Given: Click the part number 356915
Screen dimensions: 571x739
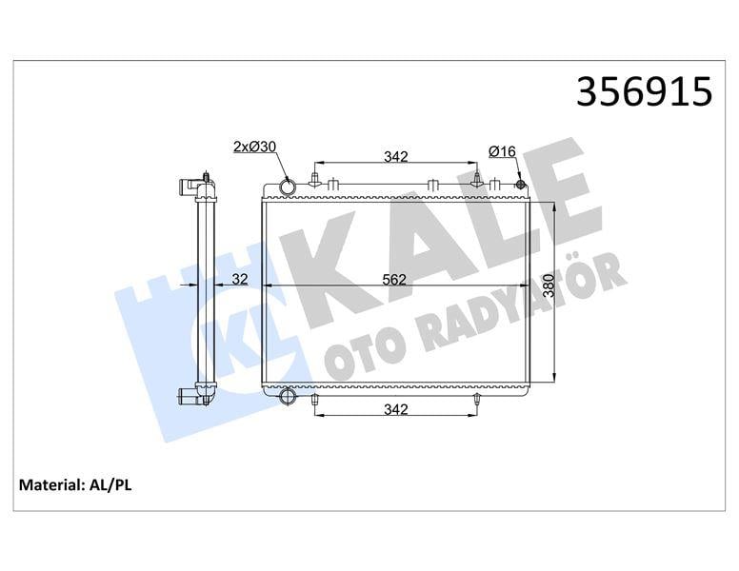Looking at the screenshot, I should click(644, 92).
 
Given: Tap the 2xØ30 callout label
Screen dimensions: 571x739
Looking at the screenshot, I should click(254, 147).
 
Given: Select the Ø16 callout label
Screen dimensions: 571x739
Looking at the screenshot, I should click(502, 151).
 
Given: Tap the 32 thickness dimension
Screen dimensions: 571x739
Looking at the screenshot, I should click(239, 279).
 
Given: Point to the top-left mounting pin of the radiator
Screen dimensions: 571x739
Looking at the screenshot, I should click(315, 181).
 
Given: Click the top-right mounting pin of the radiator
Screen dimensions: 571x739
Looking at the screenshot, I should click(477, 180).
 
